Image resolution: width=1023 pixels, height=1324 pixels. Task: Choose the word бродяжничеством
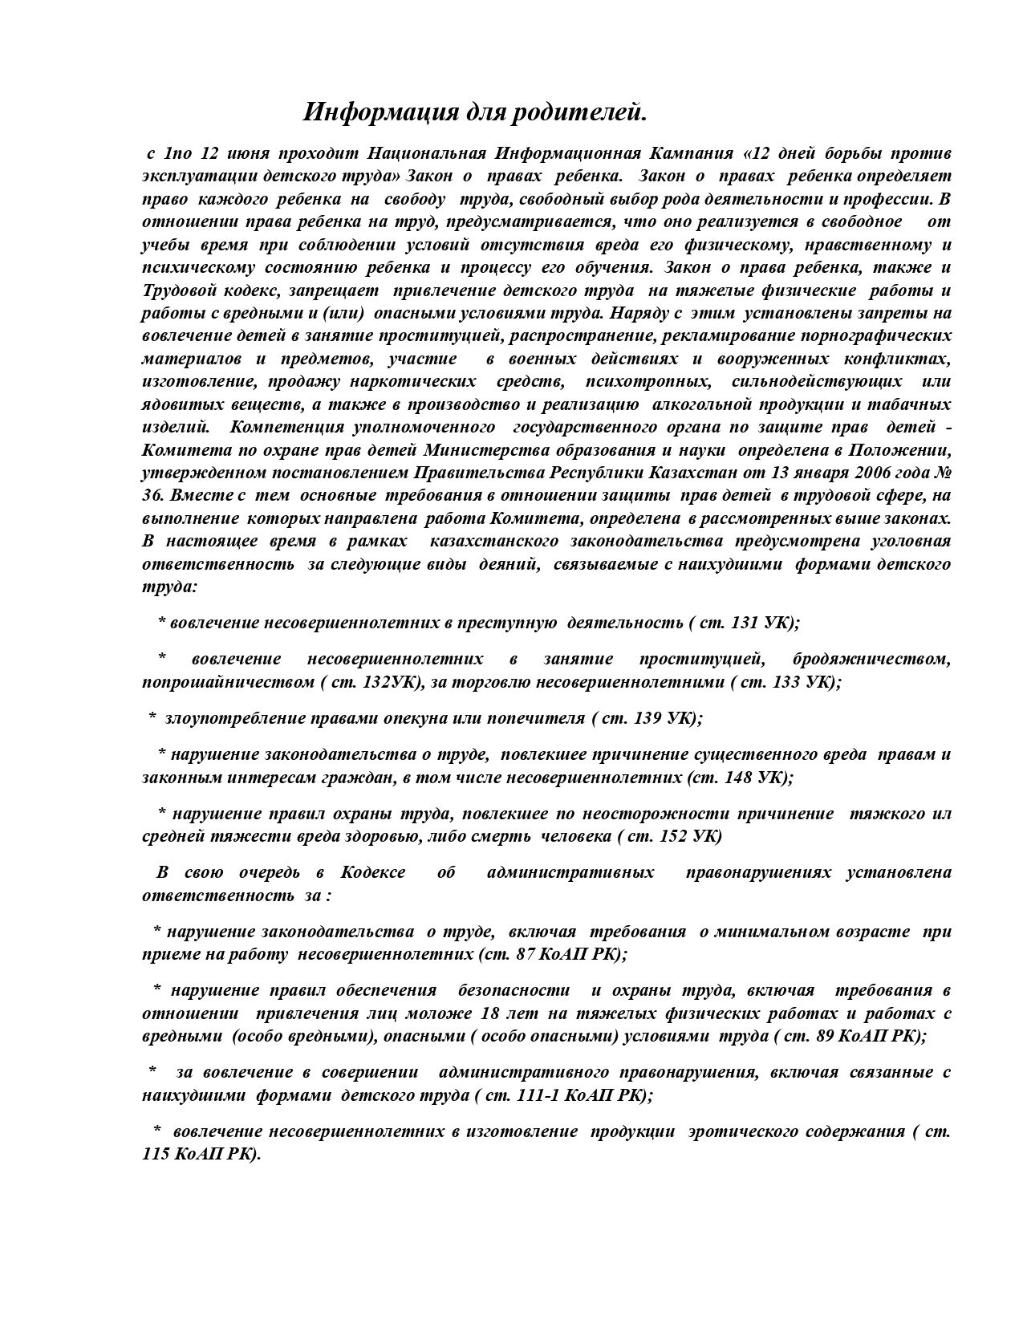[871, 659]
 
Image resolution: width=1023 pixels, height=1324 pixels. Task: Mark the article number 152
[673, 836]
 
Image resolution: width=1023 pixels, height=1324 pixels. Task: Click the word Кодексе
[372, 872]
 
